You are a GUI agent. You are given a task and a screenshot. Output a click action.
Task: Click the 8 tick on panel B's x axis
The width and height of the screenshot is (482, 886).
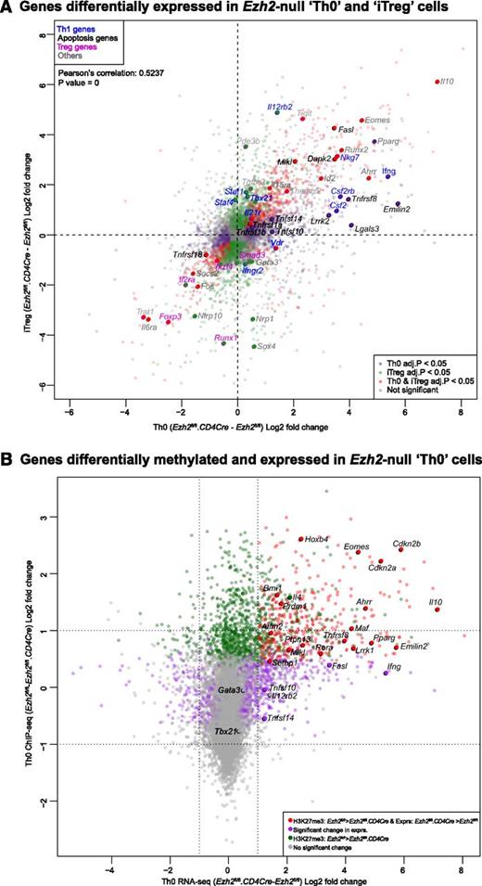[x=463, y=864]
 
